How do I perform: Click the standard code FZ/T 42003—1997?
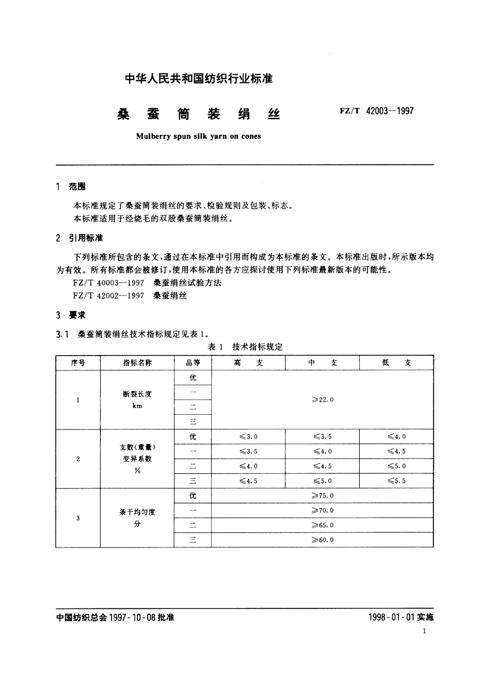pyautogui.click(x=377, y=111)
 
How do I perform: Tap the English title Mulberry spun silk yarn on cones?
pyautogui.click(x=198, y=136)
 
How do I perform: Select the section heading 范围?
pyautogui.click(x=77, y=187)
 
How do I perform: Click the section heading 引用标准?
pyautogui.click(x=86, y=238)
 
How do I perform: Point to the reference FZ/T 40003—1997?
pyautogui.click(x=109, y=283)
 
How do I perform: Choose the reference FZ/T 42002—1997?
pyautogui.click(x=109, y=295)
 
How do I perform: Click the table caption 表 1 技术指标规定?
pyautogui.click(x=245, y=347)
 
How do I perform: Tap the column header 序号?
pyautogui.click(x=78, y=363)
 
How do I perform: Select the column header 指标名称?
pyautogui.click(x=137, y=363)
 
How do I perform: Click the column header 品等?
pyautogui.click(x=193, y=363)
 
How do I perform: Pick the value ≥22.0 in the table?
pyautogui.click(x=322, y=400)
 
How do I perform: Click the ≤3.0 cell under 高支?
pyautogui.click(x=248, y=437)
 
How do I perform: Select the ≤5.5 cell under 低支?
pyautogui.click(x=396, y=481)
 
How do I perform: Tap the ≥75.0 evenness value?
pyautogui.click(x=322, y=496)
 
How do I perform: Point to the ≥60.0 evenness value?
pyautogui.click(x=322, y=540)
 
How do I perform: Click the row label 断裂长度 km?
pyautogui.click(x=137, y=400)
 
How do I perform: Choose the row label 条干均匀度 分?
pyautogui.click(x=137, y=518)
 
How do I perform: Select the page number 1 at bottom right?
pyautogui.click(x=424, y=631)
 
